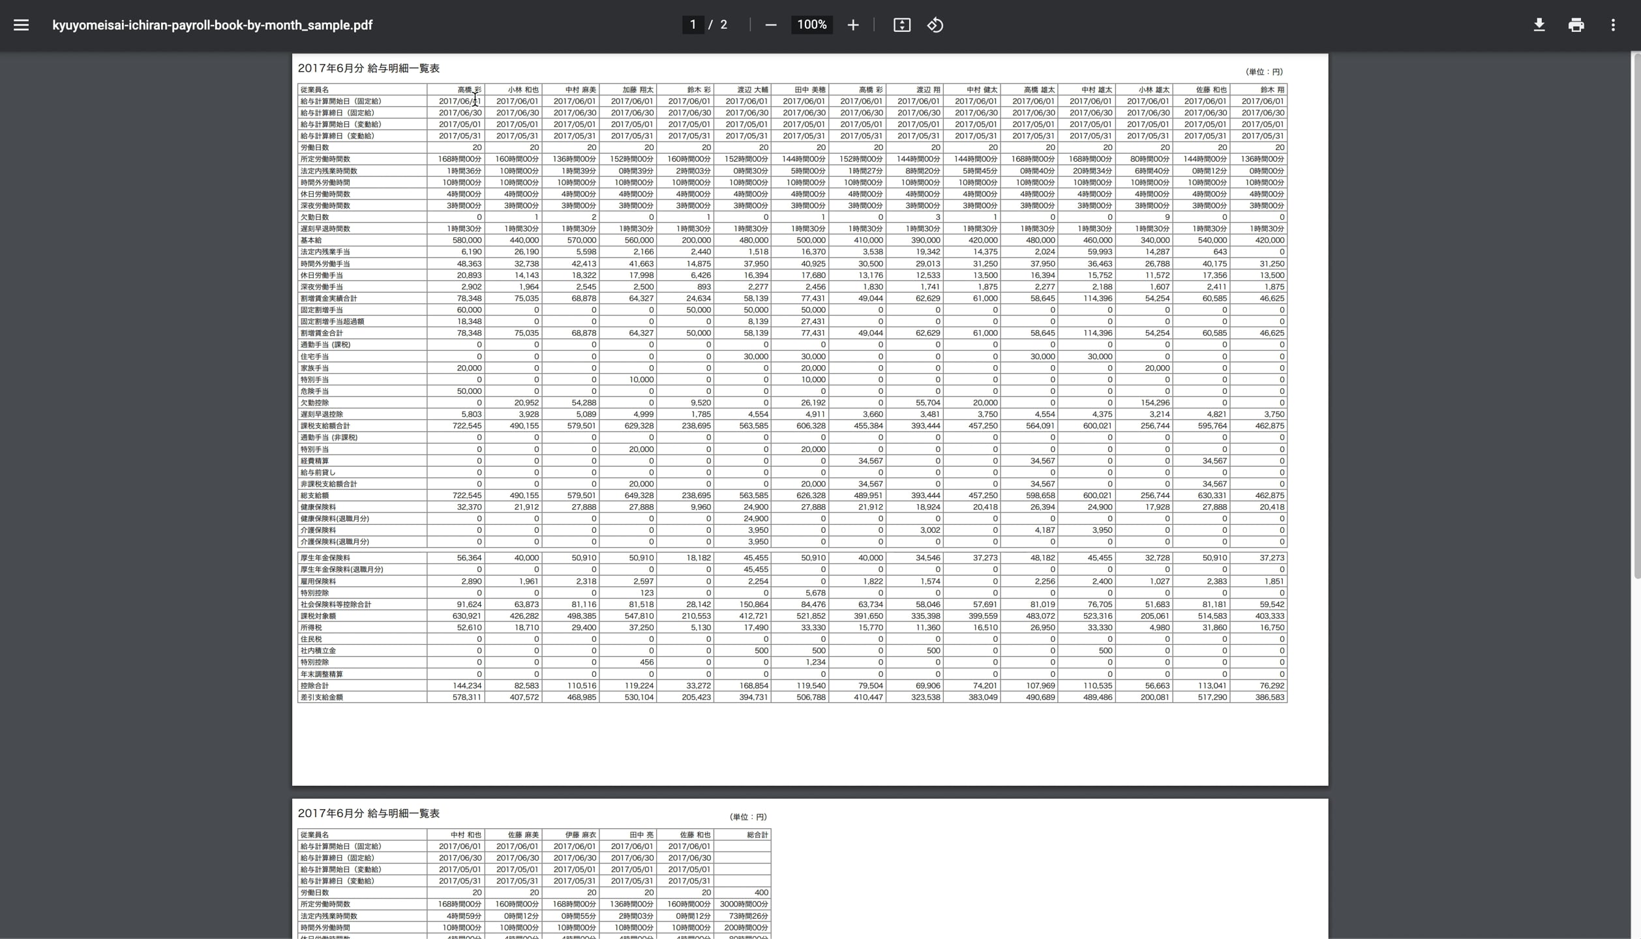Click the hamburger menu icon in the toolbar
point(21,25)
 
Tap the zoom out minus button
point(770,25)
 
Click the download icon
point(1539,25)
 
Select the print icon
point(1576,25)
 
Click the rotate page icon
point(935,25)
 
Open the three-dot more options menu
point(1613,25)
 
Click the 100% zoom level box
point(811,25)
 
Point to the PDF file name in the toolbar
point(212,25)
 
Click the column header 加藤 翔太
point(637,90)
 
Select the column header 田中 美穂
point(809,90)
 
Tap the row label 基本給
point(311,241)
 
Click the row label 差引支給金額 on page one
point(322,698)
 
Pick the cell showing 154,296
point(1154,403)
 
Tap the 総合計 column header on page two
point(757,835)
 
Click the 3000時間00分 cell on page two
point(744,904)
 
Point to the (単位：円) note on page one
point(1263,72)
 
